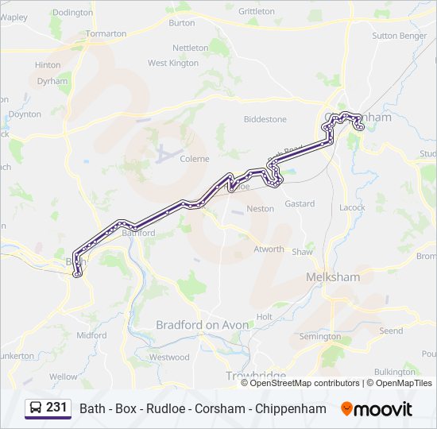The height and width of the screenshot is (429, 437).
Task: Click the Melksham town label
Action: (333, 277)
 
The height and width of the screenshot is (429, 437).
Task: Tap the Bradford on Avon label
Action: (203, 325)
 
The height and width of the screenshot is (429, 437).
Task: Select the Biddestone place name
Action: (265, 119)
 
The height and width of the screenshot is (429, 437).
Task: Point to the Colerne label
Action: (195, 159)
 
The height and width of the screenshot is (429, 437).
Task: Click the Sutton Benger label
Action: (399, 36)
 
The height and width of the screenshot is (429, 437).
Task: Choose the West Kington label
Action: (173, 63)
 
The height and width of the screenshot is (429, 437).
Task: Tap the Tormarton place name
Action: (106, 34)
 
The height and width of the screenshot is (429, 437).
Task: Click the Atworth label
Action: (269, 249)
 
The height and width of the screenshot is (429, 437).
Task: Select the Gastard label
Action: (300, 204)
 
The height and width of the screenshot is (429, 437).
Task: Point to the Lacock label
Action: (352, 207)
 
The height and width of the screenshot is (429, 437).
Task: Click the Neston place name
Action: (261, 209)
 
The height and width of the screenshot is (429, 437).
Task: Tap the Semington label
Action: (320, 337)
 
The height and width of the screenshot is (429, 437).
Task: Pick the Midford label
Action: (91, 335)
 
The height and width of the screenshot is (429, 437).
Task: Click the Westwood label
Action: (169, 357)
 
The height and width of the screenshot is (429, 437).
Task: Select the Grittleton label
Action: (257, 11)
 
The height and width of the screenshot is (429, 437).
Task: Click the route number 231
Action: (56, 408)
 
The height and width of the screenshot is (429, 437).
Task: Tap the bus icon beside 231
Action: (37, 408)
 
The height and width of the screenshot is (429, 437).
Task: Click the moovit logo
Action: (377, 409)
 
